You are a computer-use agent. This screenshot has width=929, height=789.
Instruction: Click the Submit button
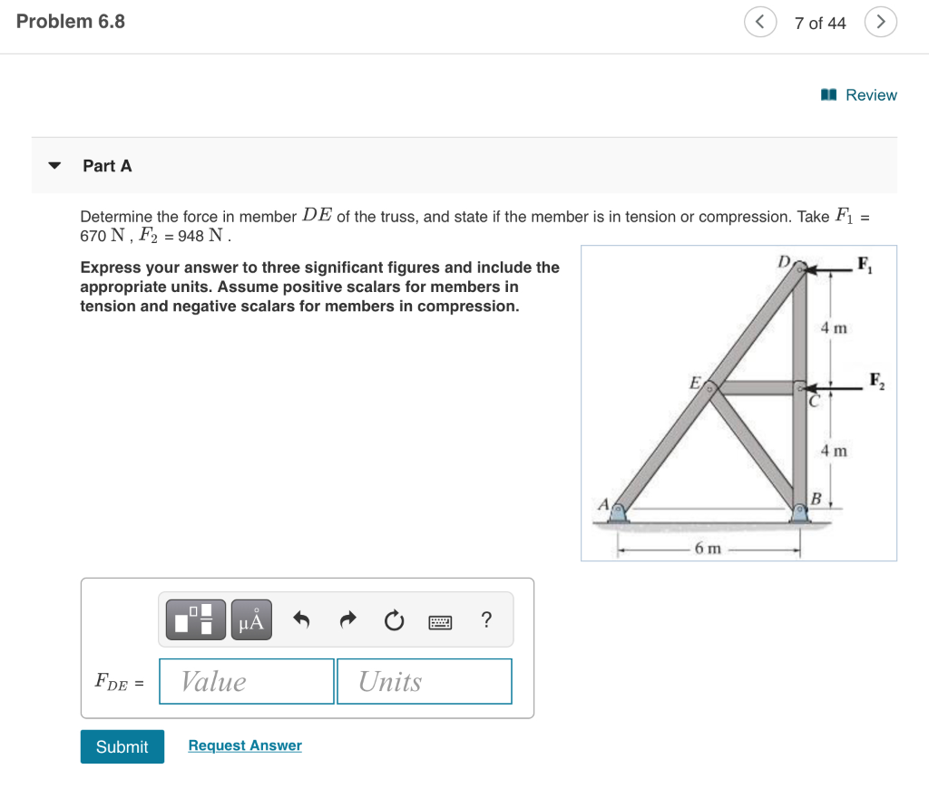tap(122, 746)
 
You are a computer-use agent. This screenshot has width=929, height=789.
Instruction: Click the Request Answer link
tap(245, 745)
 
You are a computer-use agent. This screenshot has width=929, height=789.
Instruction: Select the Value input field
tap(247, 681)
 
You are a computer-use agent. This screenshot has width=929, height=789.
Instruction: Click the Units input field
tap(424, 681)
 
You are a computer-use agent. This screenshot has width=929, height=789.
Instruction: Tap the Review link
tap(859, 95)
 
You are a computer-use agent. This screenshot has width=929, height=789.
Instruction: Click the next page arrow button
tap(880, 23)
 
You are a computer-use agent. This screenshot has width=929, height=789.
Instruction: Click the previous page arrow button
tap(760, 23)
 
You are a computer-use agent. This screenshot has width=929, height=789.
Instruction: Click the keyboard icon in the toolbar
tap(440, 620)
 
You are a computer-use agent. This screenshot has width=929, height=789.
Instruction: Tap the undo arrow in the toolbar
tap(302, 620)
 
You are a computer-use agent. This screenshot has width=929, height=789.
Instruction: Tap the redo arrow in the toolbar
tap(348, 620)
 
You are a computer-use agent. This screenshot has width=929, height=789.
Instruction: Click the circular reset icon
tap(394, 620)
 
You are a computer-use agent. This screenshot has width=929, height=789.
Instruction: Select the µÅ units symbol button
tap(251, 619)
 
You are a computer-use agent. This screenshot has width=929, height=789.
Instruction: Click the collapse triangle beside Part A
tap(55, 166)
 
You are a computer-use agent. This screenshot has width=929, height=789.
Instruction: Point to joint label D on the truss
tap(783, 261)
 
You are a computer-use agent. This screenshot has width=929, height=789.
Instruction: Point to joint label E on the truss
tap(694, 382)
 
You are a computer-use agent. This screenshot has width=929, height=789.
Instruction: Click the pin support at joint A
tap(618, 513)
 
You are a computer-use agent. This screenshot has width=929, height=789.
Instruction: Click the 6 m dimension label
tap(708, 548)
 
